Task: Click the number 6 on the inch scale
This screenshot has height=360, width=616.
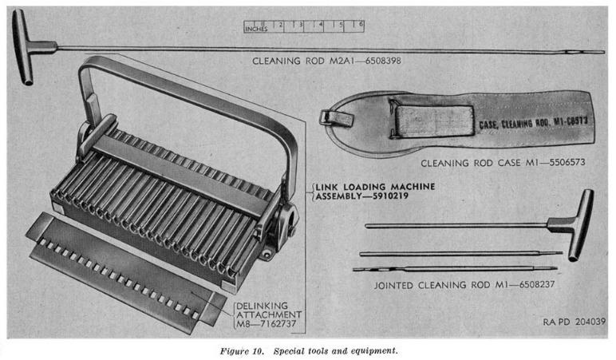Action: pos(361,25)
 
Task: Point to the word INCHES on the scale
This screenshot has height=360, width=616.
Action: pos(255,30)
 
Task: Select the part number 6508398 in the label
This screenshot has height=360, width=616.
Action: pos(374,61)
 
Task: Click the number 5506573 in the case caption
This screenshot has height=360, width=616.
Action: pos(559,163)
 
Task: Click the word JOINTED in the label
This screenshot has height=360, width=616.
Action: pos(397,283)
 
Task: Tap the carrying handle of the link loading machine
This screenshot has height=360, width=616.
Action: pos(192,76)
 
